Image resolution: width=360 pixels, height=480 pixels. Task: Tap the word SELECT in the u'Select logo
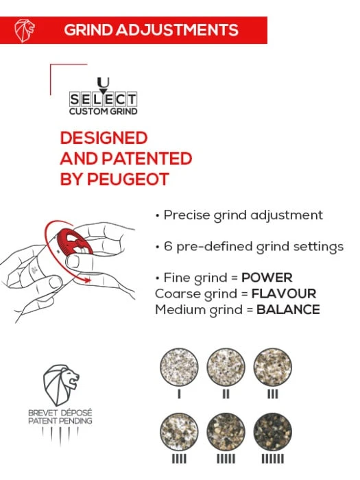coord(103,99)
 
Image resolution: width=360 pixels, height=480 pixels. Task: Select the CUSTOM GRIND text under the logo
coord(103,111)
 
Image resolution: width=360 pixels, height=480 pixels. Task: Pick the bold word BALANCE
coord(288,309)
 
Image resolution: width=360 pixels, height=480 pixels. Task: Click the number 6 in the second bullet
coord(167,246)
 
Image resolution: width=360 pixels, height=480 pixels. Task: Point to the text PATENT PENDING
coord(61,420)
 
